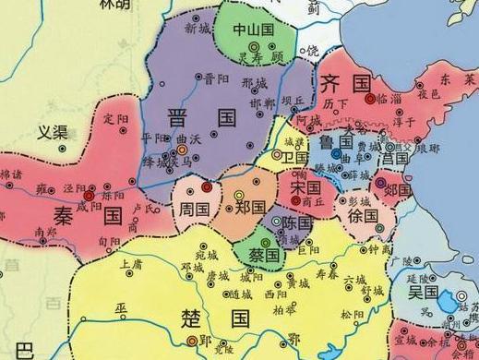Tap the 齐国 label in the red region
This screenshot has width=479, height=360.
(x=343, y=82)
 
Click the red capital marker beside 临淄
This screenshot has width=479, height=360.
(x=370, y=96)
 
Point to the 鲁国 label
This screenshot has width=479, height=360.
(x=337, y=143)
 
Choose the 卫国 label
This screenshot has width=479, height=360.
(x=296, y=158)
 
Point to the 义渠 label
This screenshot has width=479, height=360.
(x=54, y=132)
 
